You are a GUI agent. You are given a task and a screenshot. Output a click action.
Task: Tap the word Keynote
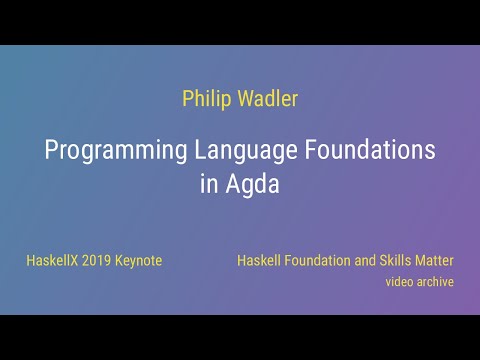(142, 261)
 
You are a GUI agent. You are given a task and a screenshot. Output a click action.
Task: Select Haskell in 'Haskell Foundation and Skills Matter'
(259, 261)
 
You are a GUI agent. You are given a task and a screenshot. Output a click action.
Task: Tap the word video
(401, 282)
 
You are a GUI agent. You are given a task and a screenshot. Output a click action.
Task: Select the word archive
(437, 282)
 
